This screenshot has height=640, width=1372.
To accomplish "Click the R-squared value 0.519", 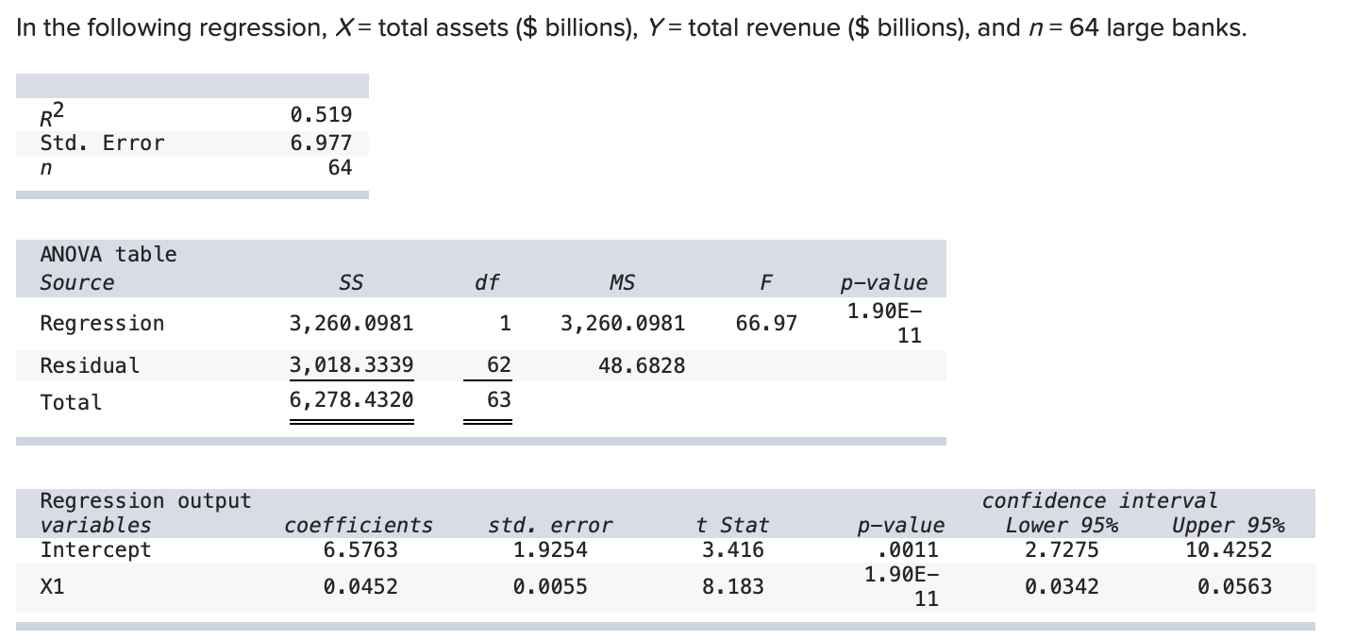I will point(321,115).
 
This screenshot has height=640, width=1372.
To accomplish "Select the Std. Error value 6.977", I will point(321,143).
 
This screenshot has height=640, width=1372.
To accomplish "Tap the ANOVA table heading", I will point(109,254).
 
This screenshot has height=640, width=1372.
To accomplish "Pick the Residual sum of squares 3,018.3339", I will point(351,365).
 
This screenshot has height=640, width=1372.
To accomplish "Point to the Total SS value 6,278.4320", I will point(351,400).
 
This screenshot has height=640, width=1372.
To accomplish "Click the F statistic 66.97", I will point(766,324).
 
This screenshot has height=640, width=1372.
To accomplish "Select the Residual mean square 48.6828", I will point(642,365).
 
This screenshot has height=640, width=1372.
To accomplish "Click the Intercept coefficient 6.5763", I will point(360,549).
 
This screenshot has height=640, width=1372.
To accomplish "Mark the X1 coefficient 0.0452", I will point(360,587).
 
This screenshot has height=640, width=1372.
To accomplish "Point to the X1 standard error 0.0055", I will point(549,587).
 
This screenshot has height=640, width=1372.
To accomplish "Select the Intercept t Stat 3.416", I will point(733,549).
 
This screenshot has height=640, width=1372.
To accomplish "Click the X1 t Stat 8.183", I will point(733,587).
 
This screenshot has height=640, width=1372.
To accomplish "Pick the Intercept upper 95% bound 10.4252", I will point(1229,549).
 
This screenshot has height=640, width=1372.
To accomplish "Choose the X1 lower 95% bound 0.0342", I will point(1062,587).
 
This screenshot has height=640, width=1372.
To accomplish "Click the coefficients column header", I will point(359,525).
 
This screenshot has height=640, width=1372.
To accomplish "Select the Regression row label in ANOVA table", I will point(102,324).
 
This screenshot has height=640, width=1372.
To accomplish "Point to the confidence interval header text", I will point(1099,500).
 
